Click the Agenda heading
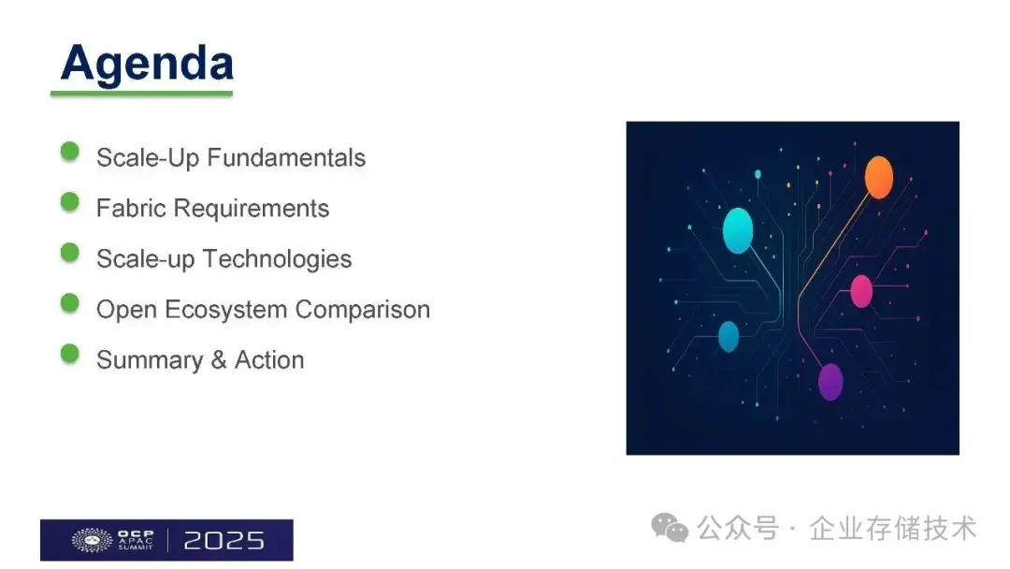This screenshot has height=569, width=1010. pos(147,64)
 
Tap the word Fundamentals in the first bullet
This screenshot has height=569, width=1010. pos(285,157)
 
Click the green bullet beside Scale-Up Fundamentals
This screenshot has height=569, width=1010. pos(70,152)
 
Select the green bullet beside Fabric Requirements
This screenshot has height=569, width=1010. pos(70,202)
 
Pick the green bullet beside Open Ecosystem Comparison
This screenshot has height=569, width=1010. pos(70,303)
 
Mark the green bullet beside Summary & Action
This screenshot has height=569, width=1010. pos(70,354)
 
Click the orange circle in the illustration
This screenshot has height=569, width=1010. pos(878,177)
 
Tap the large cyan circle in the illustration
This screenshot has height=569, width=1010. pos(738,230)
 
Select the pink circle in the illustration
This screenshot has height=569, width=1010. pos(860,291)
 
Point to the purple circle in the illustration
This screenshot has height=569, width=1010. pos(830,381)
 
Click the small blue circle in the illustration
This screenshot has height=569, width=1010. pos(729,336)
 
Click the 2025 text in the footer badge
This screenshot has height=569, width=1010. pos(224,540)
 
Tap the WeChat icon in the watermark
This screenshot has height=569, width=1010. pos(670,528)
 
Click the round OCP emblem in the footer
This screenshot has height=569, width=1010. pos(92,540)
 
